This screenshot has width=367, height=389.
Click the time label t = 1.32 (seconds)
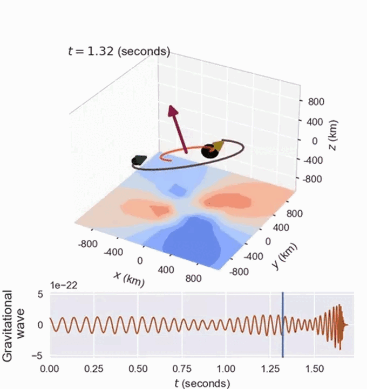click(119, 51)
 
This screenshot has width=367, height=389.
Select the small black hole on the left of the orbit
click(139, 160)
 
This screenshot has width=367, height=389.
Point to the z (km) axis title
click(332, 135)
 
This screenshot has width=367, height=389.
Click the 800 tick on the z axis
click(316, 102)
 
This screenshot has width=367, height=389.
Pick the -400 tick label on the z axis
click(313, 160)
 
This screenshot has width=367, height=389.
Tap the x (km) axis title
click(129, 279)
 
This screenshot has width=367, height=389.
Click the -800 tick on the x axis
click(88, 244)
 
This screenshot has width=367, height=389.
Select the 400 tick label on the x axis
click(166, 270)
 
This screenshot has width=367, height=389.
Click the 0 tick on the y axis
click(268, 241)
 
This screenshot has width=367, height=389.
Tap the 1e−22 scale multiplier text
click(64, 286)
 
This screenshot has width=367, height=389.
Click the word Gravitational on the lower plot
click(7, 325)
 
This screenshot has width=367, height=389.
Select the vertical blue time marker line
click(282, 325)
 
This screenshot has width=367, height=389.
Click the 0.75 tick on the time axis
click(182, 369)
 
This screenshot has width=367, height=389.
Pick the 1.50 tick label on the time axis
click(314, 369)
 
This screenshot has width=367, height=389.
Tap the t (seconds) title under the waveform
click(202, 383)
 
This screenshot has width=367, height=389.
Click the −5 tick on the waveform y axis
click(37, 356)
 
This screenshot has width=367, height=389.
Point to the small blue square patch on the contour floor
click(178, 190)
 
